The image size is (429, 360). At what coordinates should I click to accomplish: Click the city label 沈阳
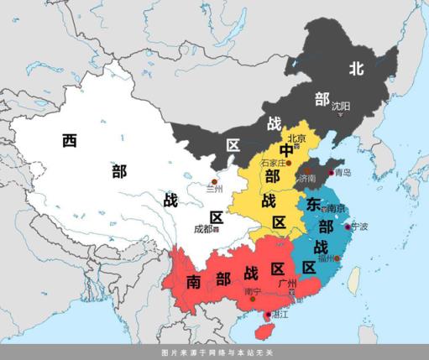click(341, 107)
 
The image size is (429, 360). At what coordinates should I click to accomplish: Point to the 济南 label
click(306, 178)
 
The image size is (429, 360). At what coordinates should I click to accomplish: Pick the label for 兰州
click(216, 189)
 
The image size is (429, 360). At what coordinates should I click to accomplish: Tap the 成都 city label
click(203, 228)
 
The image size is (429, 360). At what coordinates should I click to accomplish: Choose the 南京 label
click(335, 208)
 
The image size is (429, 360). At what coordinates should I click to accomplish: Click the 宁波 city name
click(359, 227)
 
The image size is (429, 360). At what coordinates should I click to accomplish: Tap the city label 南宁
click(253, 292)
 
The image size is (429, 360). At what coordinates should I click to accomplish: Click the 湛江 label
click(274, 316)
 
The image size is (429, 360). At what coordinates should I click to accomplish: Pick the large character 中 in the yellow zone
click(275, 152)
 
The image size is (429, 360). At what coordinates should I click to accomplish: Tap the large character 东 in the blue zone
click(314, 205)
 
